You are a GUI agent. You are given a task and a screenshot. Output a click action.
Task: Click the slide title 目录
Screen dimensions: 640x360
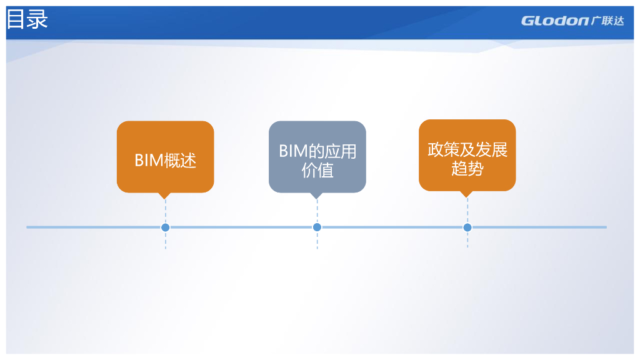click(x=27, y=20)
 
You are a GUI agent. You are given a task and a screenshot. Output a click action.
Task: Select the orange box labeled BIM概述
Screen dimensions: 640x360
click(x=165, y=156)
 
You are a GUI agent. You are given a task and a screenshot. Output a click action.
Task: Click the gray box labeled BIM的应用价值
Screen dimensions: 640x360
click(x=317, y=156)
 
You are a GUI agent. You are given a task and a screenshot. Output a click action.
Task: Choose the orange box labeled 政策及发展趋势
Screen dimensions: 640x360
click(x=467, y=155)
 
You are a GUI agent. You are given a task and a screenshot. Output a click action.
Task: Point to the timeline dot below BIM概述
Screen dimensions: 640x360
click(x=165, y=227)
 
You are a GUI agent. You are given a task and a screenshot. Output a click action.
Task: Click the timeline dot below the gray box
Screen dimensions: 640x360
click(x=317, y=227)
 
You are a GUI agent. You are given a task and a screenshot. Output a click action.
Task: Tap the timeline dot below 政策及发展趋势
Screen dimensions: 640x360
click(x=467, y=227)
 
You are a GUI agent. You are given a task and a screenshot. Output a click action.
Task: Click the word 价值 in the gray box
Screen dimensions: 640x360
click(x=317, y=171)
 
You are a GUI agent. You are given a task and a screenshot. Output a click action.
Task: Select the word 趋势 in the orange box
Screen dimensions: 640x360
click(x=467, y=168)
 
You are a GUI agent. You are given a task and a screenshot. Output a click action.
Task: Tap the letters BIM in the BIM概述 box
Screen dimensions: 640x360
click(x=149, y=161)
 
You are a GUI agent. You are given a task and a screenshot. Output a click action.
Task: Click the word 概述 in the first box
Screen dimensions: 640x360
click(x=181, y=161)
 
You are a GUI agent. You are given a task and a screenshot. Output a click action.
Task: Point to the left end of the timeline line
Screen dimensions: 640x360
click(x=27, y=227)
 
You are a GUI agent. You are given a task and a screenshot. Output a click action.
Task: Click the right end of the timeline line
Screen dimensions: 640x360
click(x=606, y=227)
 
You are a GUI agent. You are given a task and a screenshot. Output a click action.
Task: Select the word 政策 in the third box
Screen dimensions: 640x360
click(x=443, y=150)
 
